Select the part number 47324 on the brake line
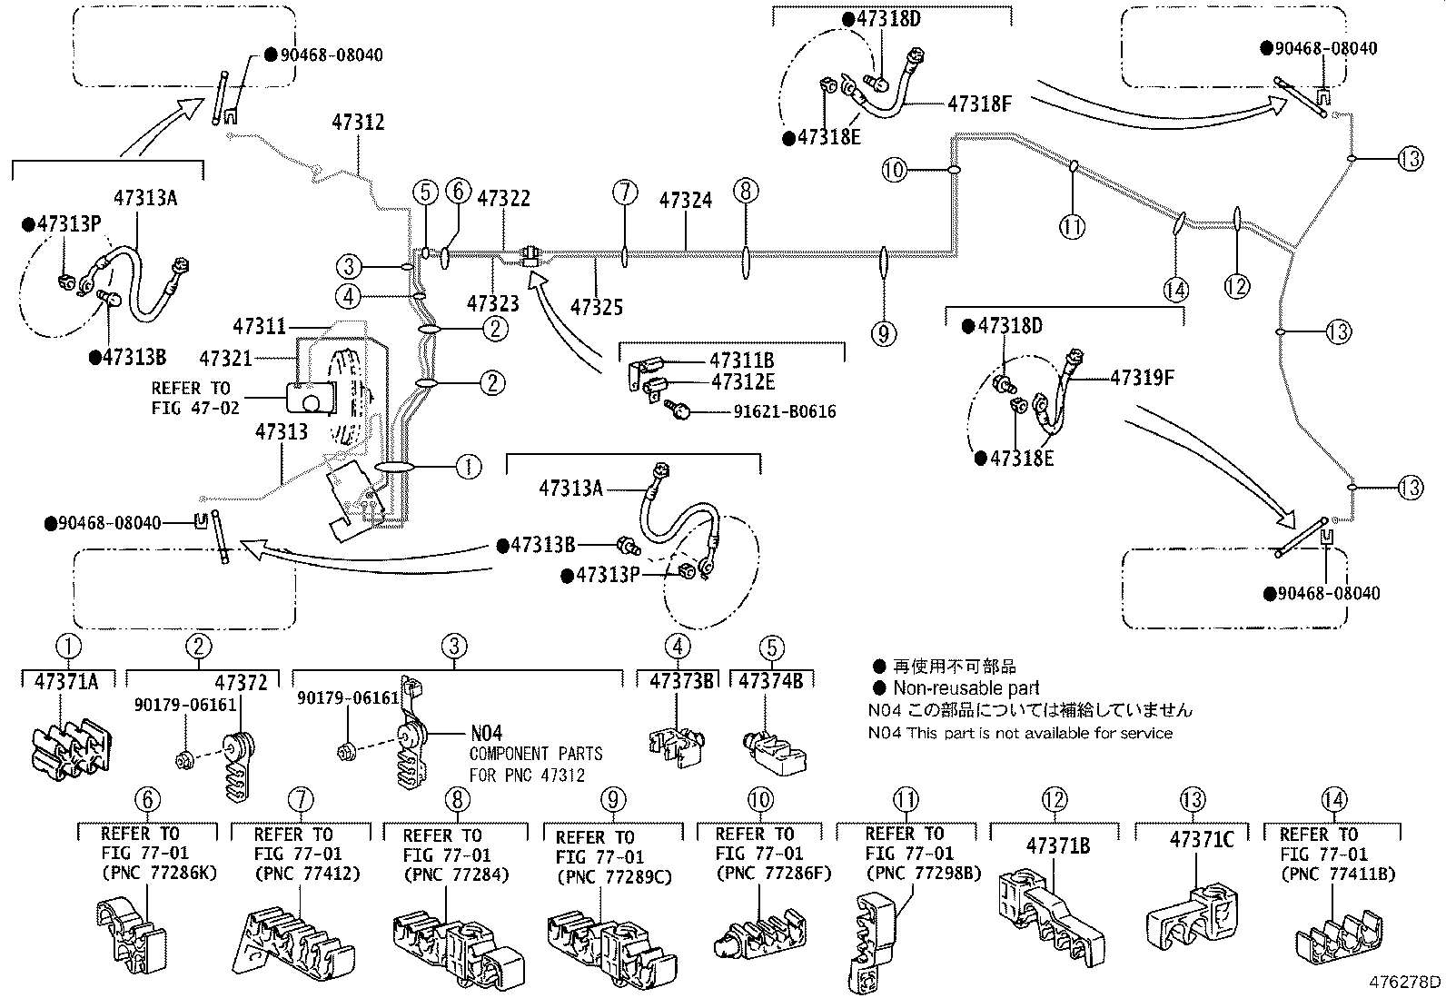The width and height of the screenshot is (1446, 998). [x=686, y=200]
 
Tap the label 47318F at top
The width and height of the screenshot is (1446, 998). [x=979, y=104]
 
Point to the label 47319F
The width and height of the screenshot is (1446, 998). [x=1142, y=376]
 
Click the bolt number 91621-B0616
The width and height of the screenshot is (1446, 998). [x=785, y=412]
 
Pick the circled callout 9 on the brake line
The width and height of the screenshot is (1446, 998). [x=883, y=334]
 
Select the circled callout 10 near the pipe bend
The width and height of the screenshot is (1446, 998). [x=895, y=169]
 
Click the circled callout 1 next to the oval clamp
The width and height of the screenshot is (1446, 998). [x=468, y=467]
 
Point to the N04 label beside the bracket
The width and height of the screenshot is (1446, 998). [x=486, y=733]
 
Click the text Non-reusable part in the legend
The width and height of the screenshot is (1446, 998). [x=966, y=688]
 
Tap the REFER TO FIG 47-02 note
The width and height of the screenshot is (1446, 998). [x=194, y=398]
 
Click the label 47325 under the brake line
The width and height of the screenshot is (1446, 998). [x=597, y=307]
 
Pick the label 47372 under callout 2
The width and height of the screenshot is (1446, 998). [x=241, y=682]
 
